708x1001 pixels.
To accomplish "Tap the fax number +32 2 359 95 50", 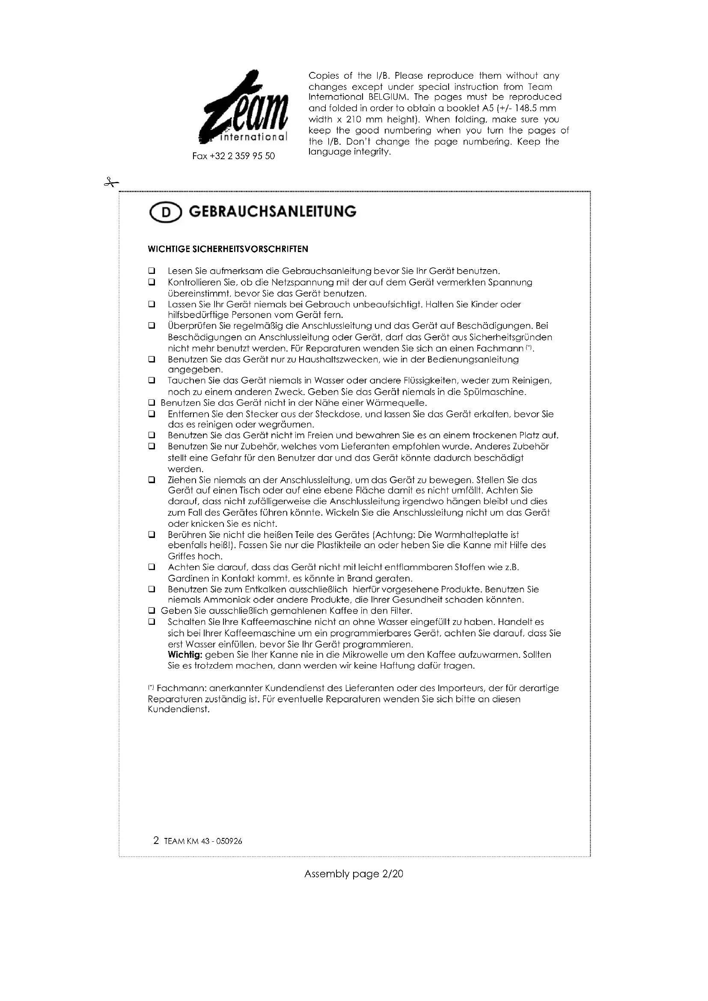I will tap(234, 156).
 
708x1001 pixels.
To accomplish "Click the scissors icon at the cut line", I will tap(111, 183).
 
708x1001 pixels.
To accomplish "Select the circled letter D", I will tap(166, 213).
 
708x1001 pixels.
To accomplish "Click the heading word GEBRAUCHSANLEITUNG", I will tap(273, 212).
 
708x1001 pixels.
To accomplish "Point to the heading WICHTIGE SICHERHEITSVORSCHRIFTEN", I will tap(228, 249).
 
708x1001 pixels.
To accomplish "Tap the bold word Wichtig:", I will tap(185, 655).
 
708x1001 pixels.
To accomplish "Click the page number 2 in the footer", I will tap(156, 841).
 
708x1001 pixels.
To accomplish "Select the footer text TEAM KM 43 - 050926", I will tap(203, 841).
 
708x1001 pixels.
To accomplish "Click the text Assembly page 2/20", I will tap(354, 874).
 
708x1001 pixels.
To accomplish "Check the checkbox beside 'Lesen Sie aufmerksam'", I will tap(152, 271).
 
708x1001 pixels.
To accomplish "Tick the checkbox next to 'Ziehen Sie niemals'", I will tap(152, 480).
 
